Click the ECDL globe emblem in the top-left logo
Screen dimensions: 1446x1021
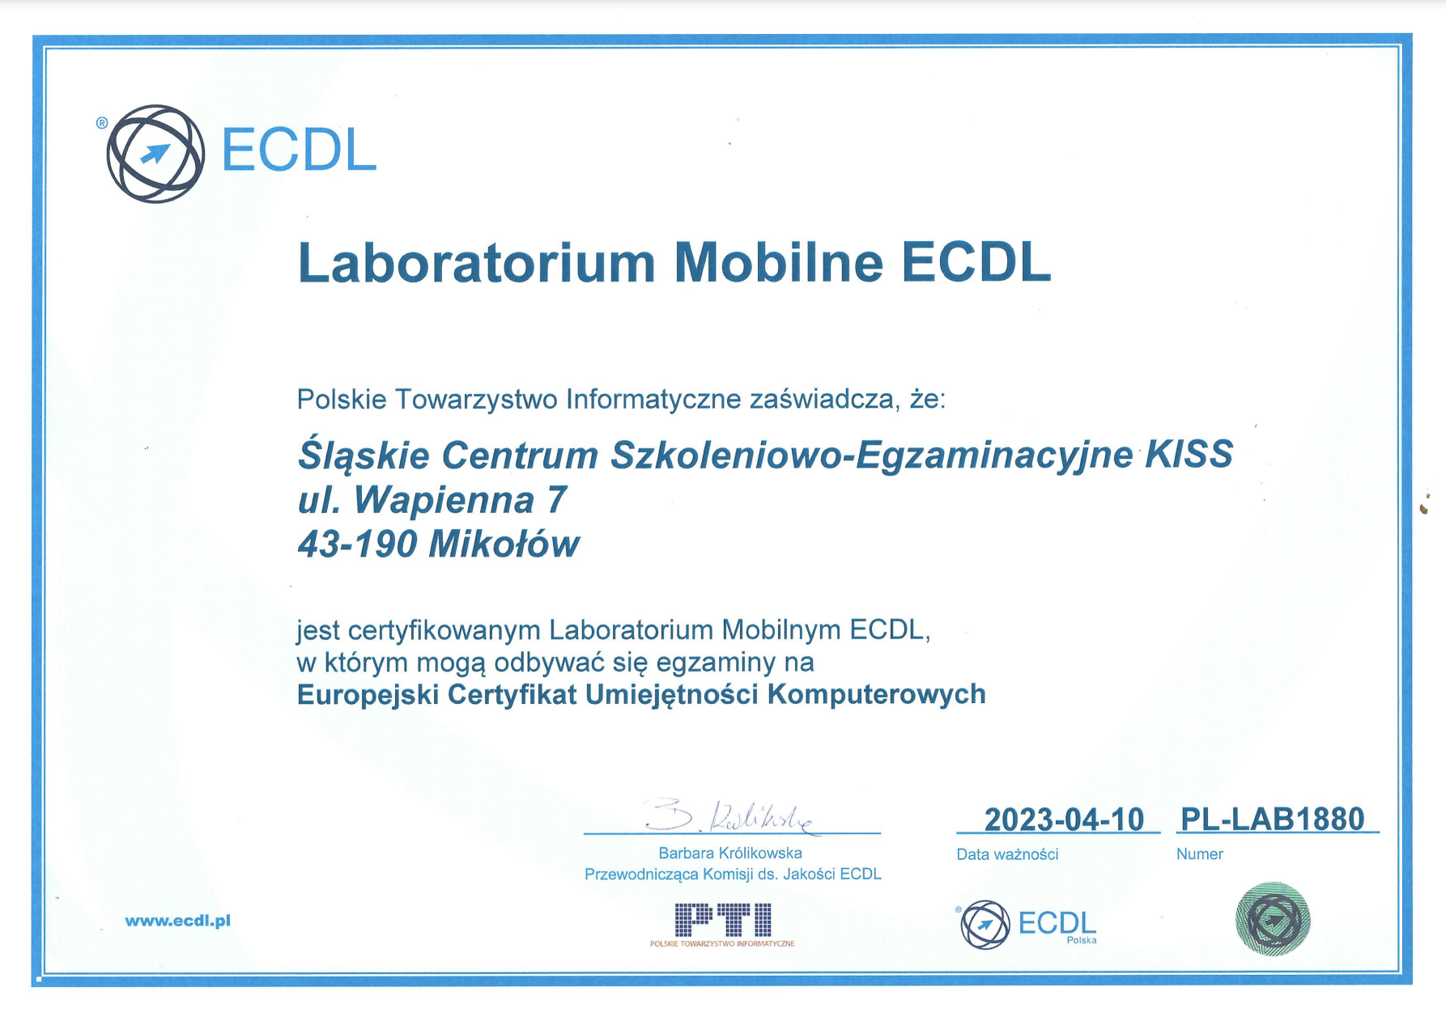155,153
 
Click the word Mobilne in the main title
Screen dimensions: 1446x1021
778,262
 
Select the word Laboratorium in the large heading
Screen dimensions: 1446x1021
476,262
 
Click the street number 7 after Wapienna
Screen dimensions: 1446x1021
556,499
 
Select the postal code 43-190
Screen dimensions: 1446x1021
357,544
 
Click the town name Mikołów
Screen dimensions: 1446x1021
504,543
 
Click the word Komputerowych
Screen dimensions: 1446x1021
876,694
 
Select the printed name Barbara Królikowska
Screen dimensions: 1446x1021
730,853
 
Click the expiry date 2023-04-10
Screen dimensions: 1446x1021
1064,820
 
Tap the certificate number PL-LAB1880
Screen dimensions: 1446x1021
1273,819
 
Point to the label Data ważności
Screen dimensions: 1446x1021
1007,854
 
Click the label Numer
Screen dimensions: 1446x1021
1199,854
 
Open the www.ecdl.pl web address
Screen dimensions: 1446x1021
178,921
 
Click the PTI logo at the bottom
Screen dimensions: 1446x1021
722,925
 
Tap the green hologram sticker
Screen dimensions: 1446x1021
1273,919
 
